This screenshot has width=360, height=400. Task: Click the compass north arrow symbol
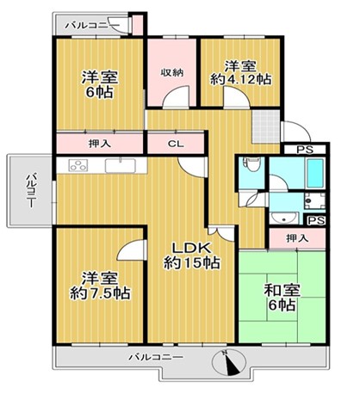[x=229, y=362]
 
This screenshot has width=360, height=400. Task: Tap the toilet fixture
[x=251, y=164]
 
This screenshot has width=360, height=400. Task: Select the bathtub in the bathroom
[x=315, y=173]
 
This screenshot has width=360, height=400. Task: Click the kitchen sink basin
[x=120, y=166]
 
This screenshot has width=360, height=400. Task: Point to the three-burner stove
[x=78, y=166]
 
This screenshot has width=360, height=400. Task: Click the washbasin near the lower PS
[x=284, y=218]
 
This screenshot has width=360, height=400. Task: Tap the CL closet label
[x=176, y=145]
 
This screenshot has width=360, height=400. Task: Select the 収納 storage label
[x=171, y=72]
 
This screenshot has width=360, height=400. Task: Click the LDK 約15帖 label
[x=192, y=255]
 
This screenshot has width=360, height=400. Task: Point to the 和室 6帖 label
[x=282, y=298]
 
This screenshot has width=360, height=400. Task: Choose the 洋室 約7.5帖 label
[x=100, y=286]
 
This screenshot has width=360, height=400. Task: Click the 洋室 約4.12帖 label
[x=240, y=72]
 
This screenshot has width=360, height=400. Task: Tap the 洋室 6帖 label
[x=100, y=84]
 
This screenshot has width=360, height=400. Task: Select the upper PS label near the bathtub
[x=305, y=150]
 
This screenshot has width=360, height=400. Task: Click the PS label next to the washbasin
[x=316, y=220]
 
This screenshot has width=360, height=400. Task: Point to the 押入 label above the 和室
[x=297, y=238]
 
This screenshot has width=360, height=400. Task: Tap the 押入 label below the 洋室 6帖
[x=100, y=143]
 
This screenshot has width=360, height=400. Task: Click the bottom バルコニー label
[x=156, y=357]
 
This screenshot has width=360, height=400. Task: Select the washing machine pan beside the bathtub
[x=315, y=200]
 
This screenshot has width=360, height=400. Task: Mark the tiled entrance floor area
[x=266, y=126]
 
